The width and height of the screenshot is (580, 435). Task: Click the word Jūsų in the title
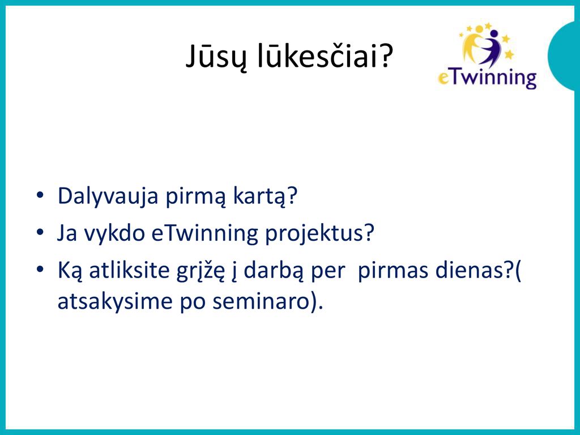pyautogui.click(x=215, y=57)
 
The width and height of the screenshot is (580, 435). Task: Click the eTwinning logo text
pyautogui.click(x=487, y=78)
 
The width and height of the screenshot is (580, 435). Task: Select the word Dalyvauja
pyautogui.click(x=108, y=197)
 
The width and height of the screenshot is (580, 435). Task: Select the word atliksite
pyautogui.click(x=129, y=270)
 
